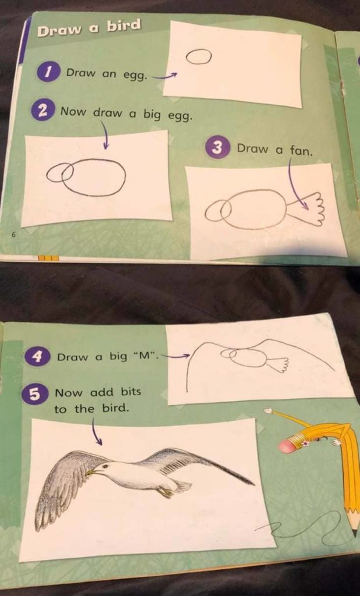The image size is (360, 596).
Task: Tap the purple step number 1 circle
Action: (48, 73)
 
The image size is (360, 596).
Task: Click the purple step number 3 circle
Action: (217, 148)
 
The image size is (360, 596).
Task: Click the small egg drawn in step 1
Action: (198, 56)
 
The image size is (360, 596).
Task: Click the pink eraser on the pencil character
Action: (288, 446)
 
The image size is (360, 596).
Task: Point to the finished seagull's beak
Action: (90, 472)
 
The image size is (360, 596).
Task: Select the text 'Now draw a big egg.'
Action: (126, 113)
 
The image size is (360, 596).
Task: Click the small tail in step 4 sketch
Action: (280, 365)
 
